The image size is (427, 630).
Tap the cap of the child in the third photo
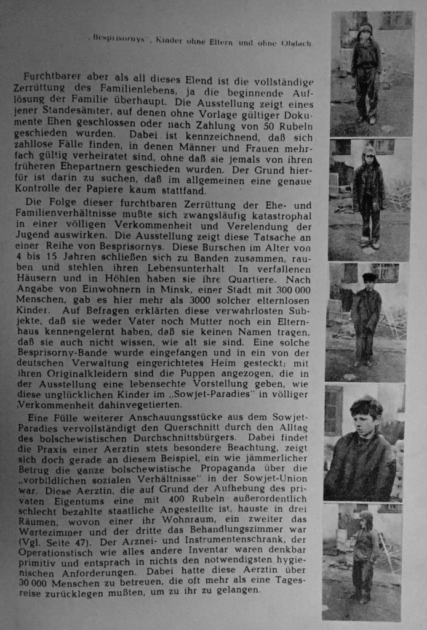pos(369,277)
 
